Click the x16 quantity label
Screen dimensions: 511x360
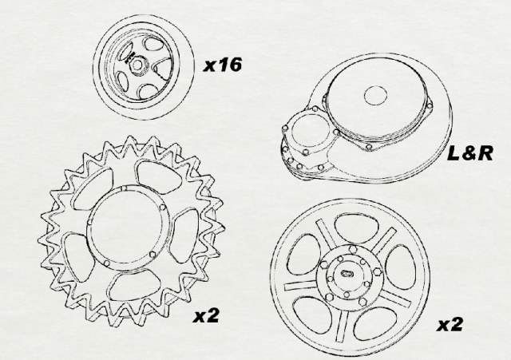[223, 65]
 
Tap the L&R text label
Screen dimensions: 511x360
[470, 152]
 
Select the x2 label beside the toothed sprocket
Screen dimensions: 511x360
[206, 315]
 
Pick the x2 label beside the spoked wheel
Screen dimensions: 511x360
[450, 325]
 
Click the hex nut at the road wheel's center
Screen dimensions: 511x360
[137, 65]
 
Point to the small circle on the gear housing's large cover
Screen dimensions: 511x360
[375, 96]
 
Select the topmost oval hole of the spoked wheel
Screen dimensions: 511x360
[357, 229]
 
